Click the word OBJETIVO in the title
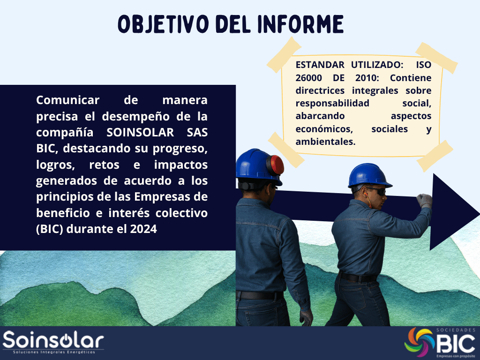[164, 24]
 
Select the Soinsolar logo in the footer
[53, 342]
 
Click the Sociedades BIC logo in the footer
[440, 343]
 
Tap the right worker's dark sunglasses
[377, 191]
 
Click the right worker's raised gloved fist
[424, 201]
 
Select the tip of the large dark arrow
[479, 212]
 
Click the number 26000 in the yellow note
[308, 78]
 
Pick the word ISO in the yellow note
[423, 65]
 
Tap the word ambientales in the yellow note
[325, 142]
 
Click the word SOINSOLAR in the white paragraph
[140, 132]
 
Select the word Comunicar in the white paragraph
[67, 100]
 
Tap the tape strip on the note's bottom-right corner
[435, 156]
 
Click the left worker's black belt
[260, 295]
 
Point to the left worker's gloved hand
[306, 317]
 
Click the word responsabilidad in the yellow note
[332, 104]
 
